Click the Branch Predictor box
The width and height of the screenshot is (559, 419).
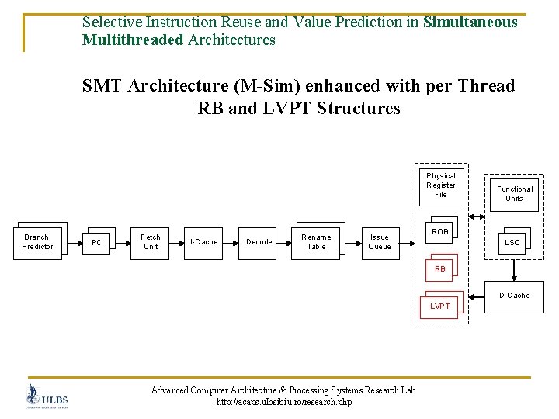pos(37,242)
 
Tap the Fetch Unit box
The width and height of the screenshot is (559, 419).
pos(151,242)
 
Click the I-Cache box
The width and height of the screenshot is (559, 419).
pos(204,242)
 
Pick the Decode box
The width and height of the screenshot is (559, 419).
pos(259,242)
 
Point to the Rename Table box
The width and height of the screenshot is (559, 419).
pos(316,242)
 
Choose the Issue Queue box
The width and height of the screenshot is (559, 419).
pos(380,242)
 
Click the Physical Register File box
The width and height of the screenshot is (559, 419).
pos(441,185)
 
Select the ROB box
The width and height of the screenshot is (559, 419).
pos(440,232)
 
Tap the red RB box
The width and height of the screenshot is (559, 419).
pos(440,269)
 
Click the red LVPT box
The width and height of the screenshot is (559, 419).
pos(440,306)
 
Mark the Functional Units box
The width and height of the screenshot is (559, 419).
pos(515,193)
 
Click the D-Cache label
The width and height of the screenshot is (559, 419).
pos(514,296)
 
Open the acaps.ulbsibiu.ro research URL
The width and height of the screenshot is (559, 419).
pos(283,402)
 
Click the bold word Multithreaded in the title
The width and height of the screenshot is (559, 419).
pos(133,40)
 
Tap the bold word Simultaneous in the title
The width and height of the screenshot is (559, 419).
pos(470,23)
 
